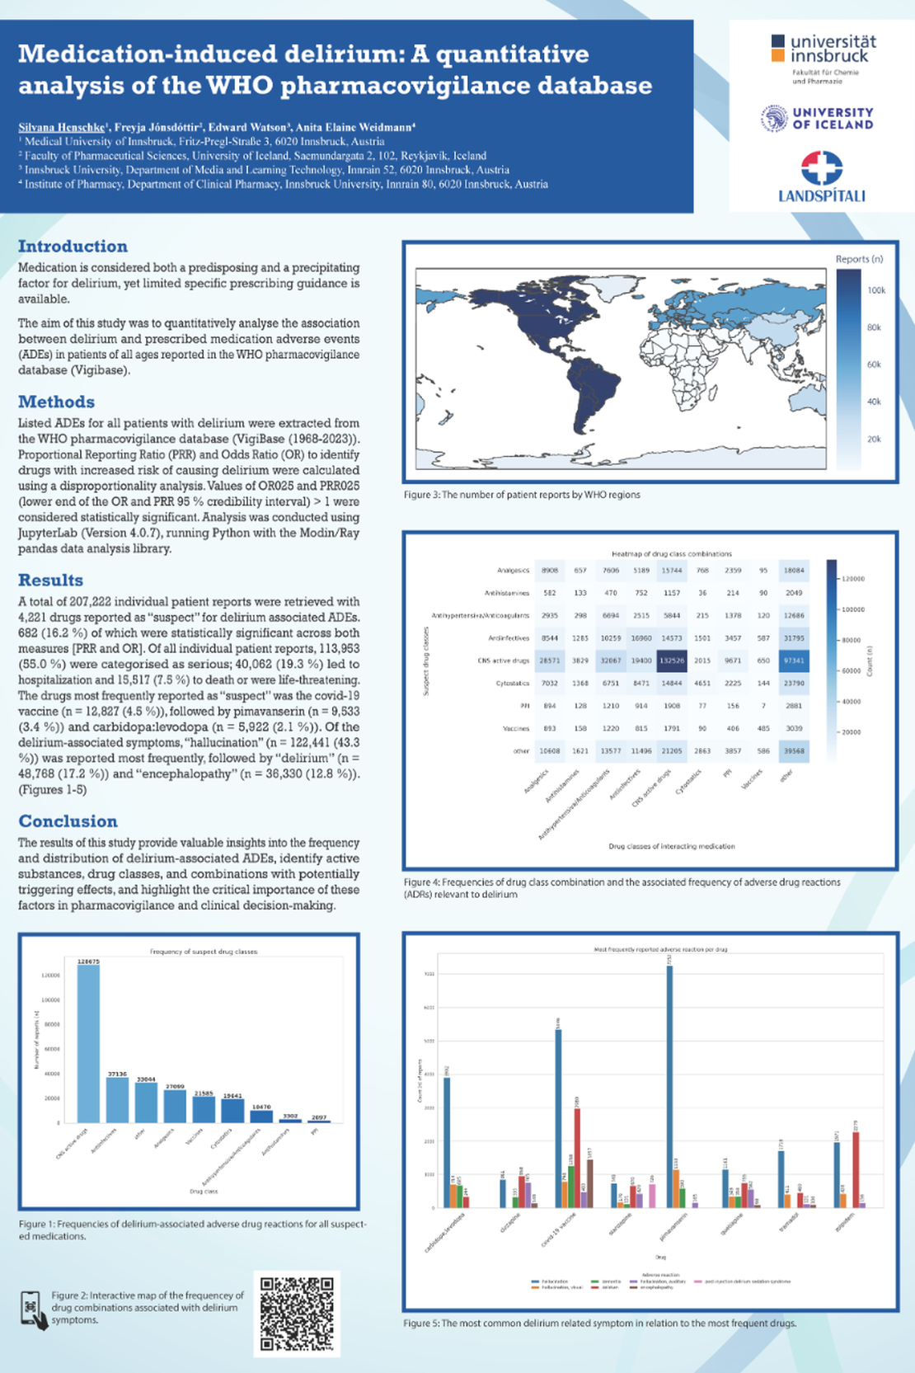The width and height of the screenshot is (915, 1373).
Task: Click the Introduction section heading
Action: pyautogui.click(x=73, y=247)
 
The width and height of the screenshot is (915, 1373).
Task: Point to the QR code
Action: pyautogui.click(x=297, y=1314)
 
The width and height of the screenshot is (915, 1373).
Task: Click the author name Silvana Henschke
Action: pyautogui.click(x=61, y=127)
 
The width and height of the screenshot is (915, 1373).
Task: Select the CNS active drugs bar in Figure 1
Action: pyautogui.click(x=88, y=1043)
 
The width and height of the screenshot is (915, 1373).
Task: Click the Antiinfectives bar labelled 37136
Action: pyautogui.click(x=117, y=1100)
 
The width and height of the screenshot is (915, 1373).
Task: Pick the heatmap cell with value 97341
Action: pyautogui.click(x=795, y=661)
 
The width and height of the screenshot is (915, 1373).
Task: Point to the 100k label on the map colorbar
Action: pyautogui.click(x=876, y=290)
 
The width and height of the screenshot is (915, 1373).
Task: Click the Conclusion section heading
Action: pyautogui.click(x=68, y=821)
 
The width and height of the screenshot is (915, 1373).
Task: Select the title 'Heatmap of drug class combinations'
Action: pyautogui.click(x=671, y=553)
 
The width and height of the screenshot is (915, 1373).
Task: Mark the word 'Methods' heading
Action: pyautogui.click(x=56, y=402)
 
